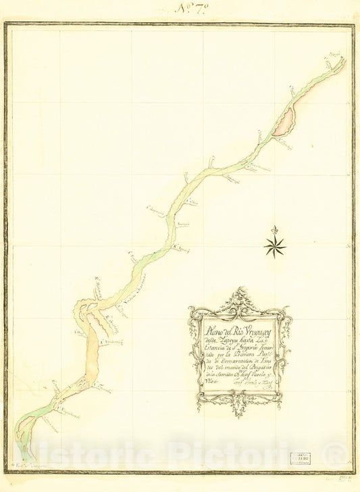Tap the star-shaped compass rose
click(x=274, y=246)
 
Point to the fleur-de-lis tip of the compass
click(x=274, y=229)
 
